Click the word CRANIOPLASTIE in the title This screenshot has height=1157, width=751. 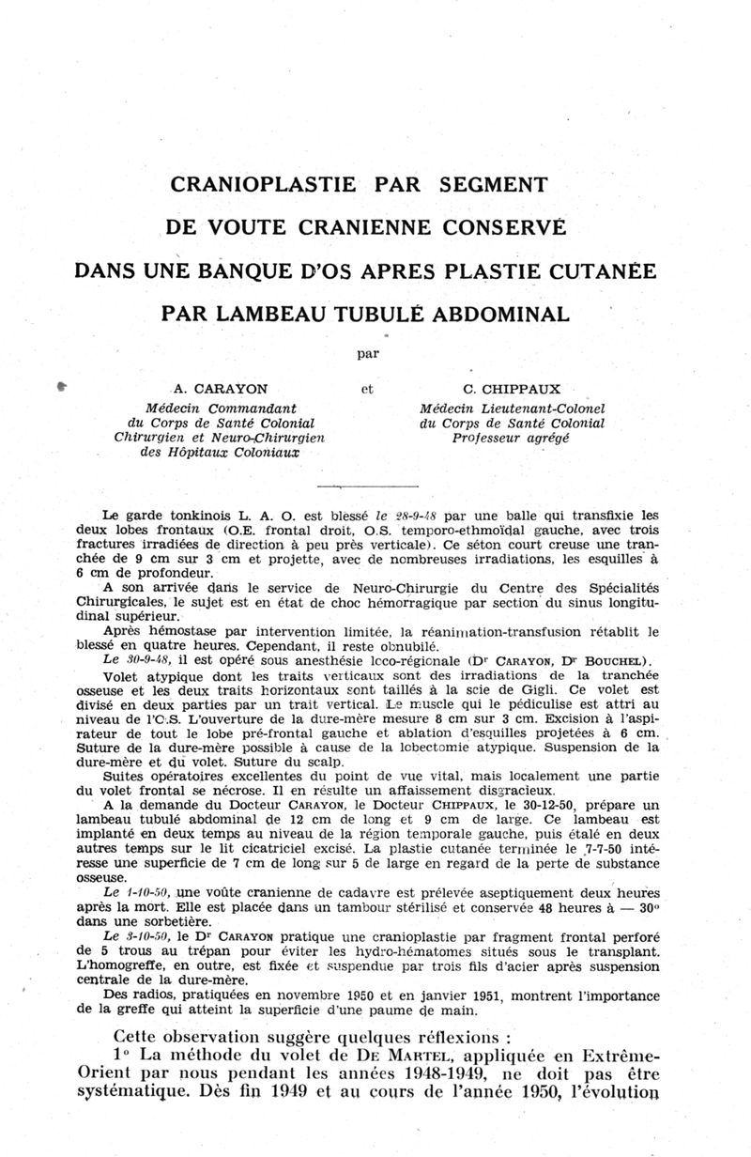pos(264,184)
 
